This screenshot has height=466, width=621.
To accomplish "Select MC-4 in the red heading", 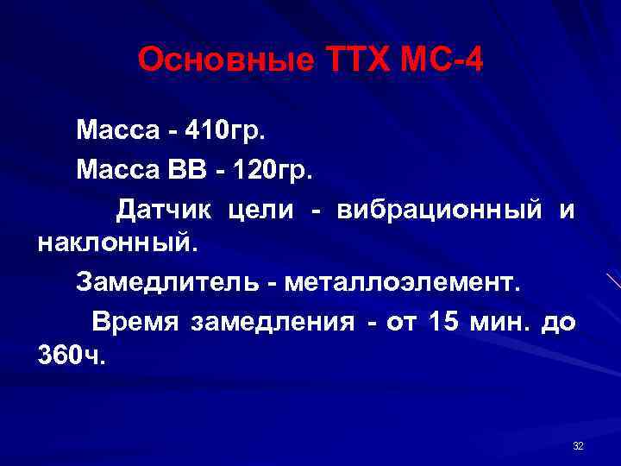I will (x=447, y=60).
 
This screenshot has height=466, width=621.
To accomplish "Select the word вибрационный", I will (x=440, y=210).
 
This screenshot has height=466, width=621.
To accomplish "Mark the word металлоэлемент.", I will (x=402, y=282).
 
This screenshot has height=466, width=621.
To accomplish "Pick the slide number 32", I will (x=578, y=445).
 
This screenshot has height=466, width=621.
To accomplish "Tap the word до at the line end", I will (x=556, y=323).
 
